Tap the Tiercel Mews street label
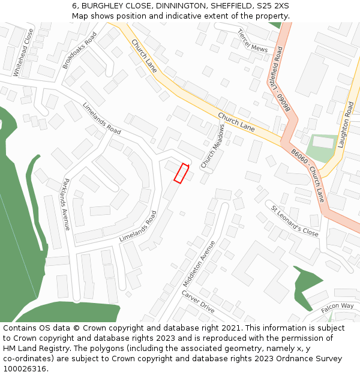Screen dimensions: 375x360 [252, 41]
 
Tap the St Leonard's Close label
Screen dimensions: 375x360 [295, 221]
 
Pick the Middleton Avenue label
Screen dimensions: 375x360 [199, 264]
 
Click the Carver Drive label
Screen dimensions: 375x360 [198, 301]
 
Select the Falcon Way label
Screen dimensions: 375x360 [337, 306]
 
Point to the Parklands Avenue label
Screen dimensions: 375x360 [67, 205]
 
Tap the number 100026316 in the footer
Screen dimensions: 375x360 [24, 369]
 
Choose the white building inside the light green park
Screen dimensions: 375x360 [323, 143]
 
